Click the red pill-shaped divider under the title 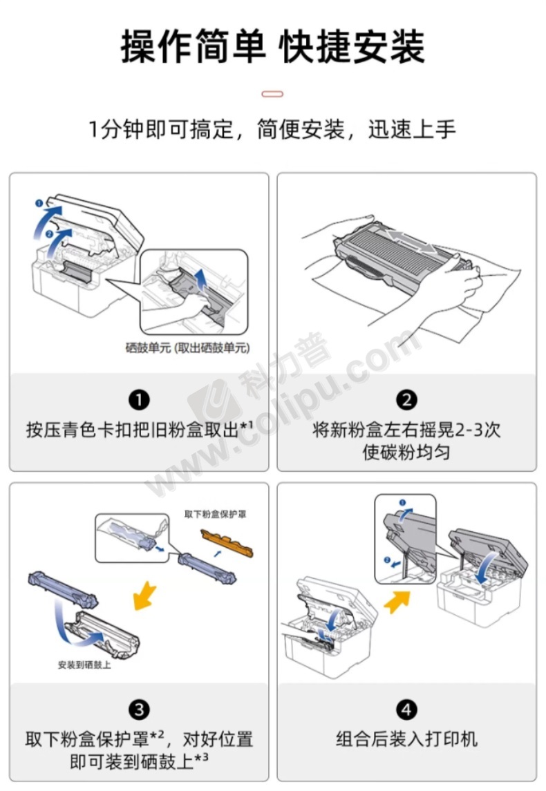(272, 94)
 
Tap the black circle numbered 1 (140, 400)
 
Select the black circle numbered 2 (406, 400)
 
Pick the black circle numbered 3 (140, 709)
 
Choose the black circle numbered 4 (406, 709)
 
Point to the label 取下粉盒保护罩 (215, 514)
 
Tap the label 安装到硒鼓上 (84, 665)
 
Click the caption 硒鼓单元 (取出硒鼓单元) (188, 347)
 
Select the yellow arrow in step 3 (146, 595)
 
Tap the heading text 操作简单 (193, 47)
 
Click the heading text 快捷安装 (352, 47)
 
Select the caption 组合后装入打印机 (406, 739)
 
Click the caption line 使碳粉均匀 (406, 452)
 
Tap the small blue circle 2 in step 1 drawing (49, 234)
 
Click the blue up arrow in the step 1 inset (201, 279)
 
